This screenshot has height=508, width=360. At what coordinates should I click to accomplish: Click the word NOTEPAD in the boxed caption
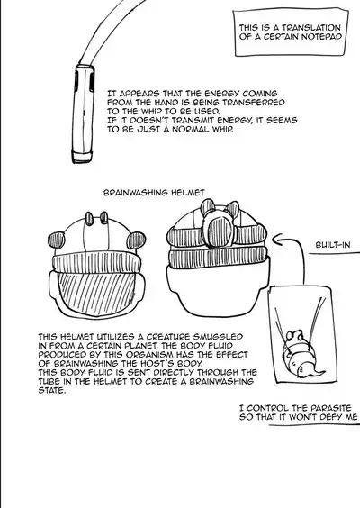click(321, 37)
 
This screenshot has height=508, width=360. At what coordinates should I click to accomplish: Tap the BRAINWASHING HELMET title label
click(154, 193)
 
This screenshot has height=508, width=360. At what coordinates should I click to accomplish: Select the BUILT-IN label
click(333, 245)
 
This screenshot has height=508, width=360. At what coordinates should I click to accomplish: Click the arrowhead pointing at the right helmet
click(277, 240)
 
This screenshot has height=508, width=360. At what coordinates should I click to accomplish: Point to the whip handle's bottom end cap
click(82, 156)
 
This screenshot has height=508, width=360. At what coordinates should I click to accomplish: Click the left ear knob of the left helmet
click(56, 240)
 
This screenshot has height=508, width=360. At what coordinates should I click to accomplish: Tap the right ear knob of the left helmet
click(136, 240)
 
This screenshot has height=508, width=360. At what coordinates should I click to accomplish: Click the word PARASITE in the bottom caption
click(331, 408)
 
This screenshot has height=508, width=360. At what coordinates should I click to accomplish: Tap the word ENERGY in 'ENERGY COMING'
click(221, 94)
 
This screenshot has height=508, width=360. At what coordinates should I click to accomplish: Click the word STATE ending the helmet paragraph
click(51, 390)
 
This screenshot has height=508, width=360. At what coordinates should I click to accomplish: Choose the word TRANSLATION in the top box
click(311, 28)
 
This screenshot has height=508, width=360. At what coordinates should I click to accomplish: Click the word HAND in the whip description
click(167, 103)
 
